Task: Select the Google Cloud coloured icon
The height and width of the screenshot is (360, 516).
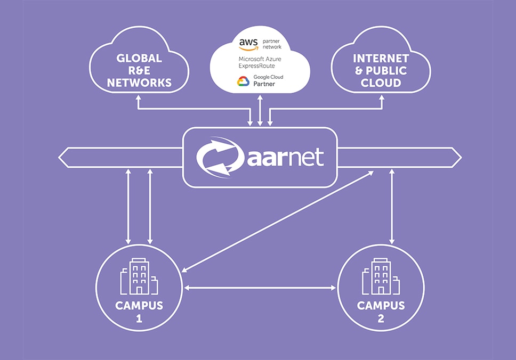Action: point(244,81)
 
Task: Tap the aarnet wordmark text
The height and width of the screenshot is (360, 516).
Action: point(286,157)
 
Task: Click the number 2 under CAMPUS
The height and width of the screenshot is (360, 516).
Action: point(381,320)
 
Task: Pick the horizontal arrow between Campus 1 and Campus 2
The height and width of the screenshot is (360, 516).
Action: point(260,288)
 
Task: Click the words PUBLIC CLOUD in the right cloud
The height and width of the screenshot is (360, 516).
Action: point(381,77)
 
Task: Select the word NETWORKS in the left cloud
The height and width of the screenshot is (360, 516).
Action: point(139,83)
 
